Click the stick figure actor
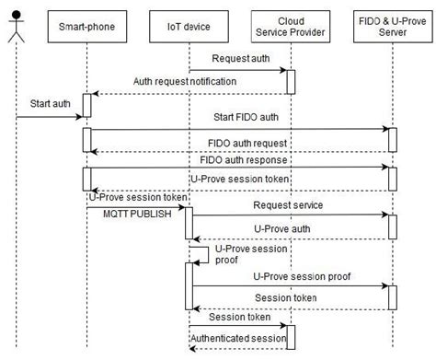click(x=16, y=25)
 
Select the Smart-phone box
click(x=86, y=27)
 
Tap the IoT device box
click(x=189, y=27)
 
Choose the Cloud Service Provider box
click(x=290, y=27)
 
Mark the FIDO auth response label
click(x=253, y=160)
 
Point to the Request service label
click(x=286, y=204)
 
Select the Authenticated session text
click(x=237, y=339)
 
